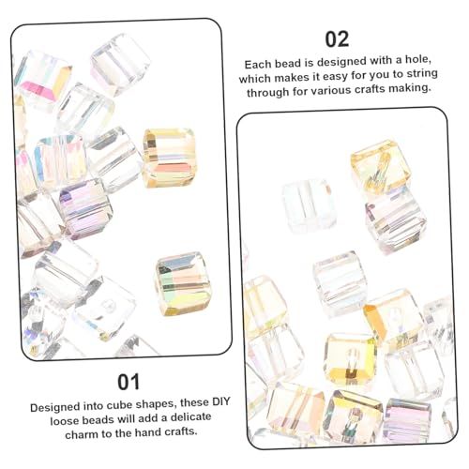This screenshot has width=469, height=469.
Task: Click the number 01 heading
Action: coord(129,382)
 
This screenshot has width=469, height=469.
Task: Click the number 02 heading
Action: coord(337,39)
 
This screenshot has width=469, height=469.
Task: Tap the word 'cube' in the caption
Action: coord(120,405)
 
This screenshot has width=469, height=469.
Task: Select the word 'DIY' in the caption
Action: coord(221,401)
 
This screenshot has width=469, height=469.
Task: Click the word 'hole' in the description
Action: coord(418,59)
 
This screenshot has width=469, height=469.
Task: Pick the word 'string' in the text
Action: coord(422,74)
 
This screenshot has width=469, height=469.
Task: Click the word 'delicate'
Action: coord(190,417)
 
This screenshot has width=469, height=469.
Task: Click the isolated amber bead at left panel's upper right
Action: coord(169,158)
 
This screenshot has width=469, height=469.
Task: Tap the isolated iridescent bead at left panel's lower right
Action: coord(183,283)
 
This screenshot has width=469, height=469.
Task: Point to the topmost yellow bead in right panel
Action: coord(381,166)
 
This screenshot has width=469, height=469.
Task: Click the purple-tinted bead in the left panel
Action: coord(85,208)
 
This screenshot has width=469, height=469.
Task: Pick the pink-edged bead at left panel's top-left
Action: coord(43,81)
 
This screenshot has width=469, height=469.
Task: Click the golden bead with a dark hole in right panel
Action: coord(351,358)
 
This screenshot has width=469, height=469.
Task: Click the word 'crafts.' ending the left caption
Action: coord(181,431)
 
